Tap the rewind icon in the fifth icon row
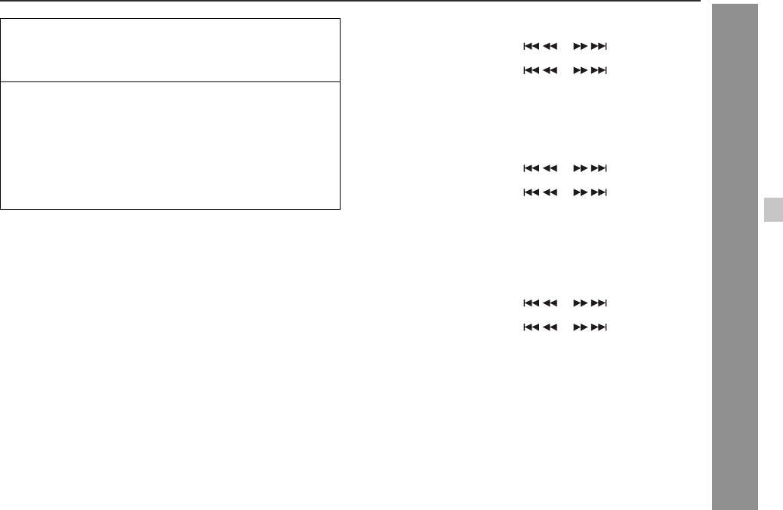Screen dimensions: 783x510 550,303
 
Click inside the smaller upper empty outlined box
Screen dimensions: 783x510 171,50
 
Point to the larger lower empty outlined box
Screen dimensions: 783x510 171,145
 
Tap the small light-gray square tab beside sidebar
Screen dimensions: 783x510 772,210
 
